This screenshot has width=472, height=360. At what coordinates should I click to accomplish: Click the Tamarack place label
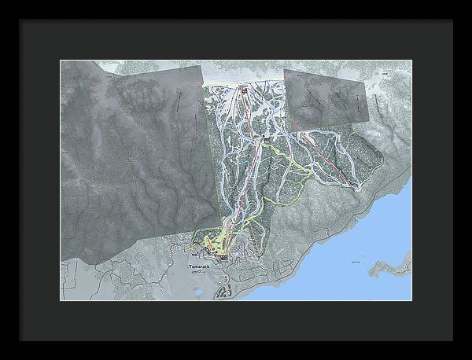point(201,266)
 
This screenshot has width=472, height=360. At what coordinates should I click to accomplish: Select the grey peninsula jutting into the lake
point(393,266)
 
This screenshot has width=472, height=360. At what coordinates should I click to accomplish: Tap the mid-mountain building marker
point(268,139)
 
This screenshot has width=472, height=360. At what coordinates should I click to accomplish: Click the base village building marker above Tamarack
point(223,256)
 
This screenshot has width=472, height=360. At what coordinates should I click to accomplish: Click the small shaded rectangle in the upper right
point(326,97)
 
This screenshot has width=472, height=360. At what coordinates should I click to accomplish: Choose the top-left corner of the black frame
point(20,20)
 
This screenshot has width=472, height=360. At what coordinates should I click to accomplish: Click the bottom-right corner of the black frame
point(452,340)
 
